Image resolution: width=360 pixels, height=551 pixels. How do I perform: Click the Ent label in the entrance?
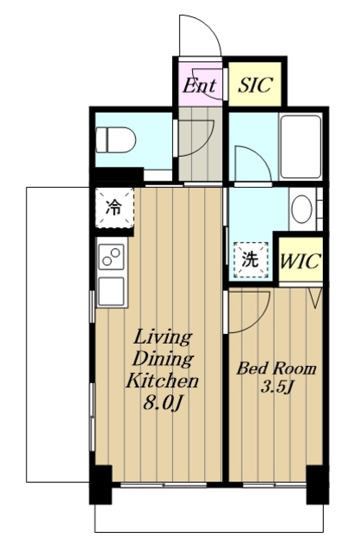point(199,85)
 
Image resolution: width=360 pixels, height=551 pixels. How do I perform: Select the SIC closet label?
point(255,84)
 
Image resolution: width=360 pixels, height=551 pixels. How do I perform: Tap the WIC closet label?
point(301,261)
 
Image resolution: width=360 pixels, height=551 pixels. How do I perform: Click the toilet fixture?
point(115,139)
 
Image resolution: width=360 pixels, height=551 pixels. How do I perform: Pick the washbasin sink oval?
point(301,209)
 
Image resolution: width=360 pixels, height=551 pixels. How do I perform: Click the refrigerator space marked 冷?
point(115,207)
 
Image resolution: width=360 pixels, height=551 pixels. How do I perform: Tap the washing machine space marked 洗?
point(251,259)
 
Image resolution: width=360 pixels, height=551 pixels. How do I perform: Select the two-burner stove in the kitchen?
point(112,257)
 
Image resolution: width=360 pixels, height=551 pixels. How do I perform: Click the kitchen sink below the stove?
point(111,291)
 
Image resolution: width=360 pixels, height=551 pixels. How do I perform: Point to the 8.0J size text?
point(163,403)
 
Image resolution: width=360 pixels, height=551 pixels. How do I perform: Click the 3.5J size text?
point(276,387)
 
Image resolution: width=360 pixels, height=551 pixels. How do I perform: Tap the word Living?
point(163,338)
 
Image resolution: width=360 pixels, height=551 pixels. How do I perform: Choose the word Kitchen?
point(163,381)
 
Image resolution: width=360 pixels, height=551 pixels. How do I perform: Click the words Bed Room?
point(276,368)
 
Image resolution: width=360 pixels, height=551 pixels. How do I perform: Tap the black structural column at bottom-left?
point(101,485)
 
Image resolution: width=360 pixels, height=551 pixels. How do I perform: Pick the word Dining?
point(163,360)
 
